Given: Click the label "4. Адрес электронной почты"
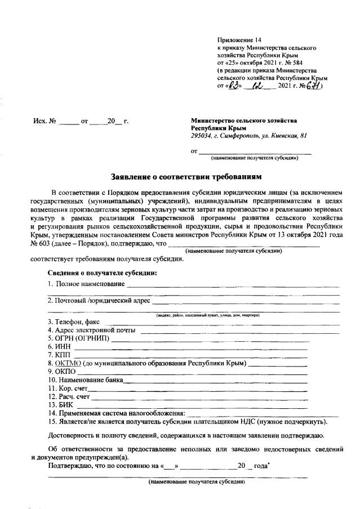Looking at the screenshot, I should (92, 330).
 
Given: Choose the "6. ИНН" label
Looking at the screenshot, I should (58, 347).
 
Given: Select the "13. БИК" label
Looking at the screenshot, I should (59, 404).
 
